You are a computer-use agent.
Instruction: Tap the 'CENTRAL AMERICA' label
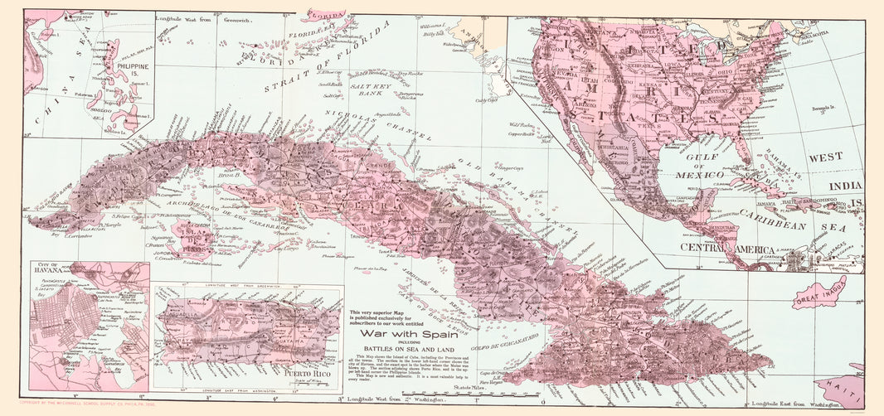click(727, 249)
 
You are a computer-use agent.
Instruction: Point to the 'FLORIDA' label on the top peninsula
click(326, 15)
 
